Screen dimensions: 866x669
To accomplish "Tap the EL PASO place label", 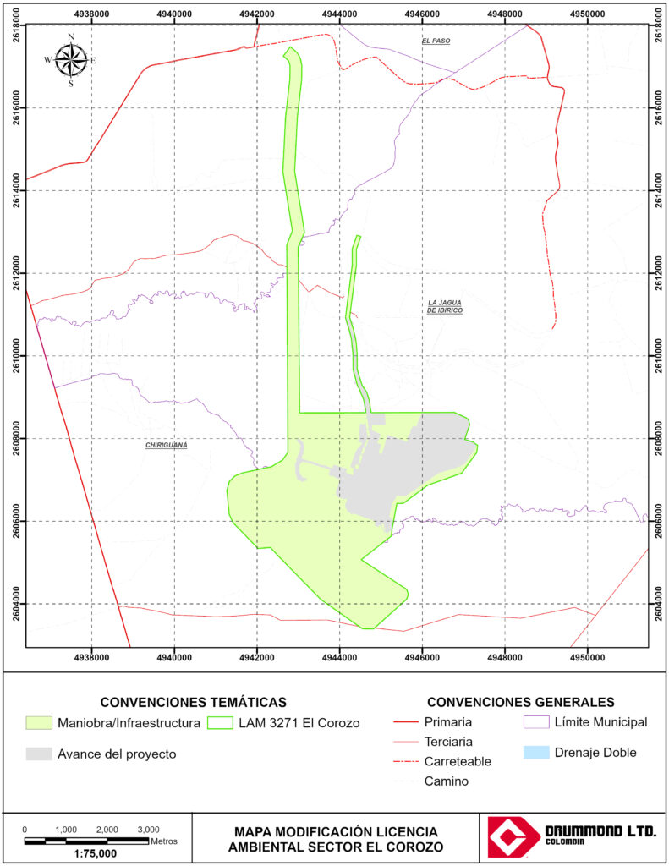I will (x=438, y=41).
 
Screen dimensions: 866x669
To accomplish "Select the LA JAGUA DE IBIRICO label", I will (x=445, y=306).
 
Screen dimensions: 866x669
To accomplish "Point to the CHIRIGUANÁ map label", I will (x=166, y=445).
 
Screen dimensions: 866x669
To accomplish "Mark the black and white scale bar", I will (x=86, y=841).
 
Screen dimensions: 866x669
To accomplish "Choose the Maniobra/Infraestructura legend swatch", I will (x=39, y=723).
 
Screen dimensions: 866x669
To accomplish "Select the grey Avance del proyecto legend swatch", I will (x=39, y=754).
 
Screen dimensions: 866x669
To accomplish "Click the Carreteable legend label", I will (x=458, y=761).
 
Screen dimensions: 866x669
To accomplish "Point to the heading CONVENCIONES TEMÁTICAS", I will (x=193, y=703).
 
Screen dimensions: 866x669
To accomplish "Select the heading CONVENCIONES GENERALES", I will (x=520, y=703).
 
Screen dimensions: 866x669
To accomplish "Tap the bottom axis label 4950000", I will (x=588, y=655).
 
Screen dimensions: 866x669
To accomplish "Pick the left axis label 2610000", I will (x=14, y=355).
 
